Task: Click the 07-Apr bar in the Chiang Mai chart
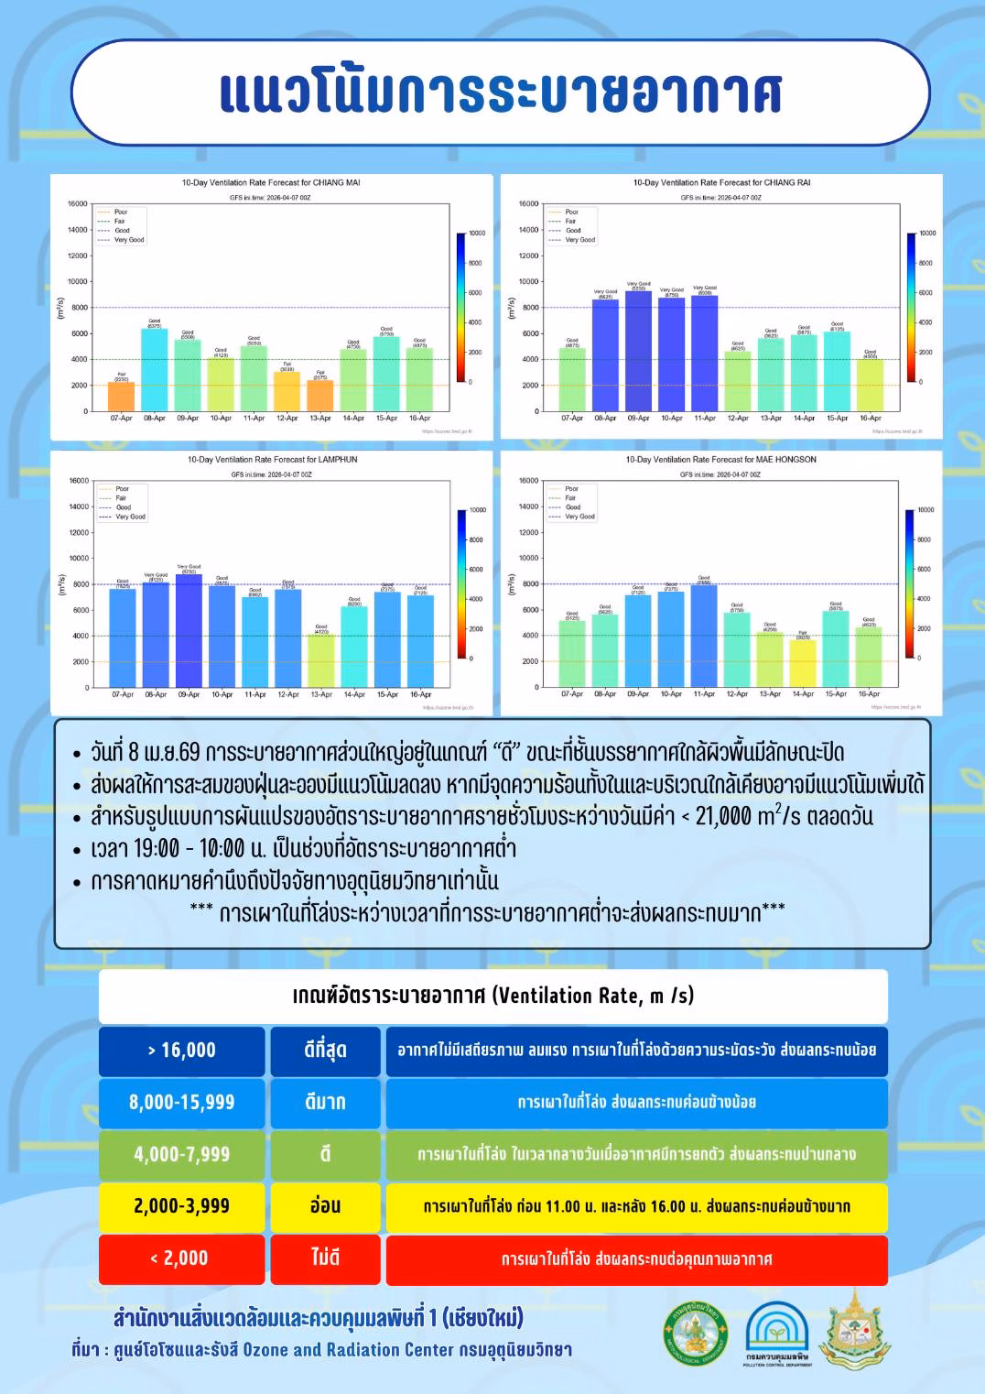coord(121,397)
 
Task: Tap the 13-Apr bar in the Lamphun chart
coord(321,660)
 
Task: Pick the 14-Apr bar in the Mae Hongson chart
coord(803,663)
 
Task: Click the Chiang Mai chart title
coord(271,182)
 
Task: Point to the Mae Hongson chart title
coord(720,460)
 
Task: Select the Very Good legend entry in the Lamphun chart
coord(130,517)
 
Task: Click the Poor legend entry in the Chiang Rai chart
coord(571,212)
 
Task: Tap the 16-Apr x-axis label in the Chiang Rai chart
coord(870,419)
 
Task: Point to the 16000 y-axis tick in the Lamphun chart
coord(80,481)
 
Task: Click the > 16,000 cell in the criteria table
coord(182,1051)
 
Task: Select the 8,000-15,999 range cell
coord(182,1103)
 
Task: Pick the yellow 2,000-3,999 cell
coord(182,1206)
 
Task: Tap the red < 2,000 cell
coord(182,1258)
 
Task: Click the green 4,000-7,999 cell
coord(182,1155)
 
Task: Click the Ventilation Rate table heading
coord(492,996)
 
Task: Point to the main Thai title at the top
coord(500,93)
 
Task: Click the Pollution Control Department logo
coord(777,1333)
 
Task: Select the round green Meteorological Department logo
coord(695,1333)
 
